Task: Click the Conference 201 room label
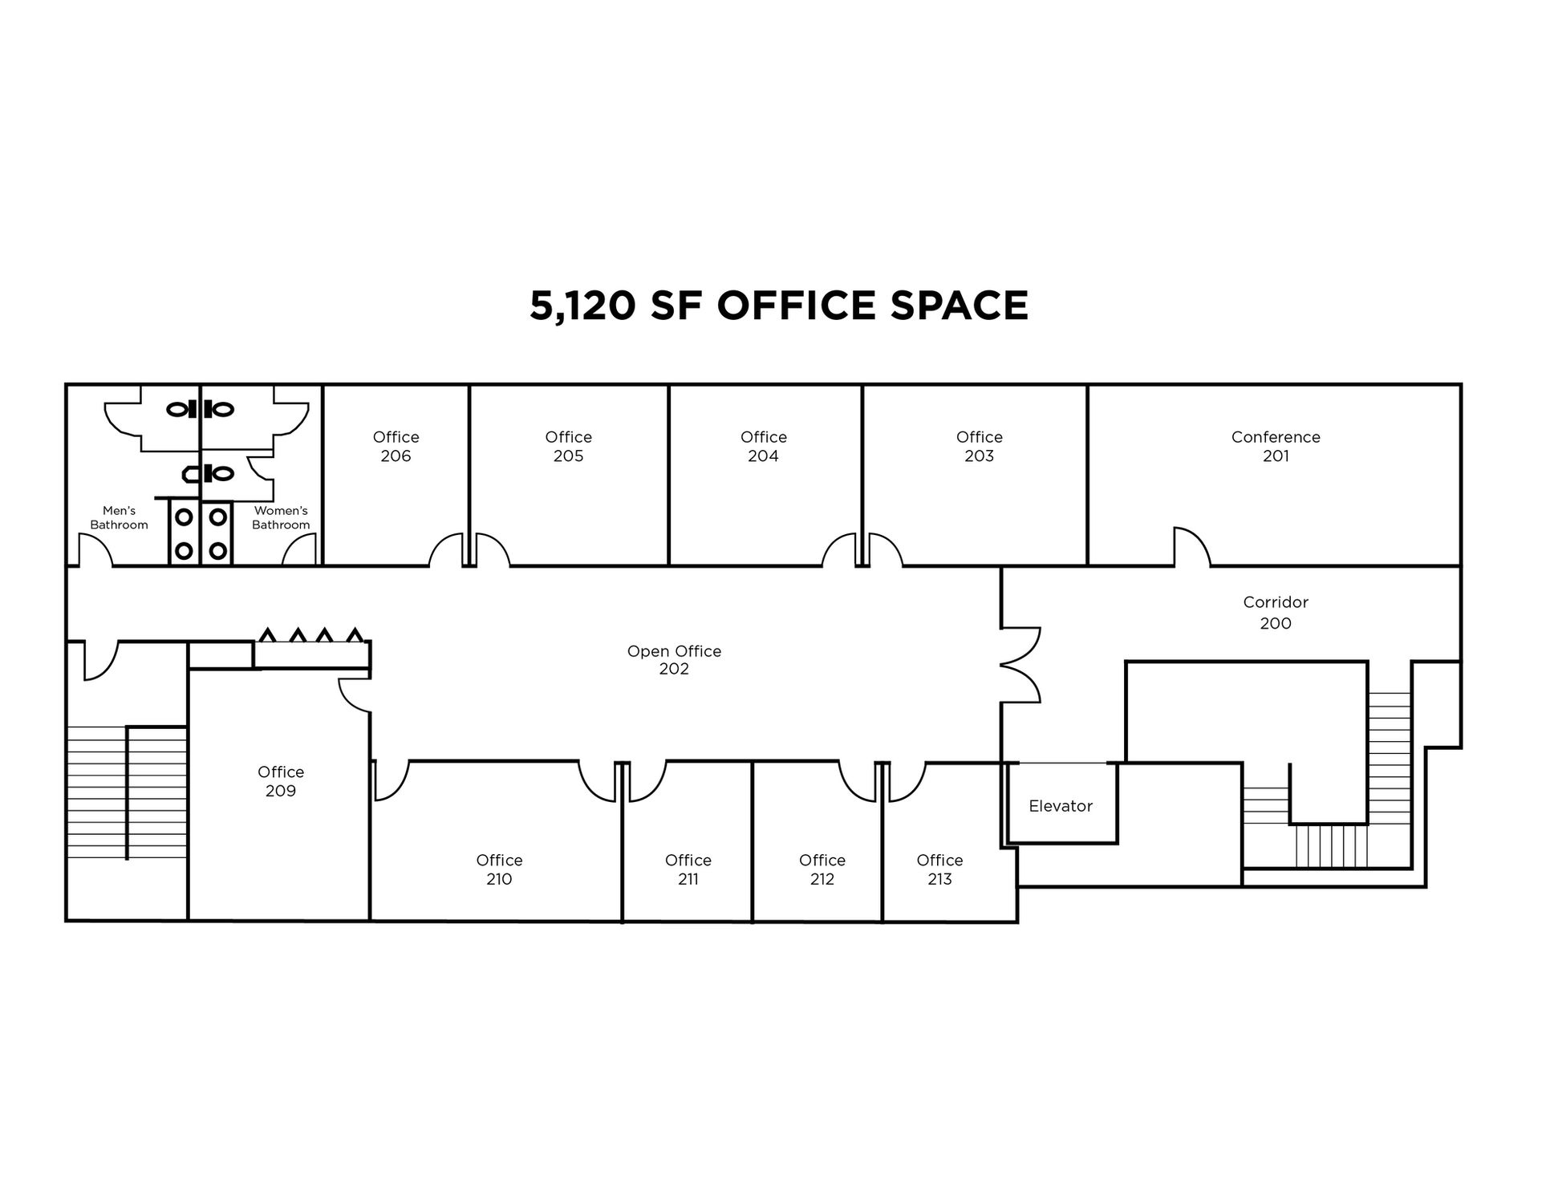tap(1276, 447)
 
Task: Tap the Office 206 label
tap(396, 447)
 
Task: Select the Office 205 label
tap(568, 447)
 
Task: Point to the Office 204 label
tap(763, 447)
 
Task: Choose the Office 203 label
tap(979, 447)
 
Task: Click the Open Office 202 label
tap(674, 660)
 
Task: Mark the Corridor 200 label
tap(1276, 613)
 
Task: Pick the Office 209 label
tap(281, 781)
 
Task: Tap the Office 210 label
tap(499, 869)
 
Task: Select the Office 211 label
tap(688, 869)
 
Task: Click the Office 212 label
tap(822, 869)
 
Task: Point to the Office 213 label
tap(939, 869)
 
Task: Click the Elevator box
tap(1061, 803)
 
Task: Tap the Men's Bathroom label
tap(119, 517)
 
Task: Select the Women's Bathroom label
tap(281, 517)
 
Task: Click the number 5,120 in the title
tap(582, 306)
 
